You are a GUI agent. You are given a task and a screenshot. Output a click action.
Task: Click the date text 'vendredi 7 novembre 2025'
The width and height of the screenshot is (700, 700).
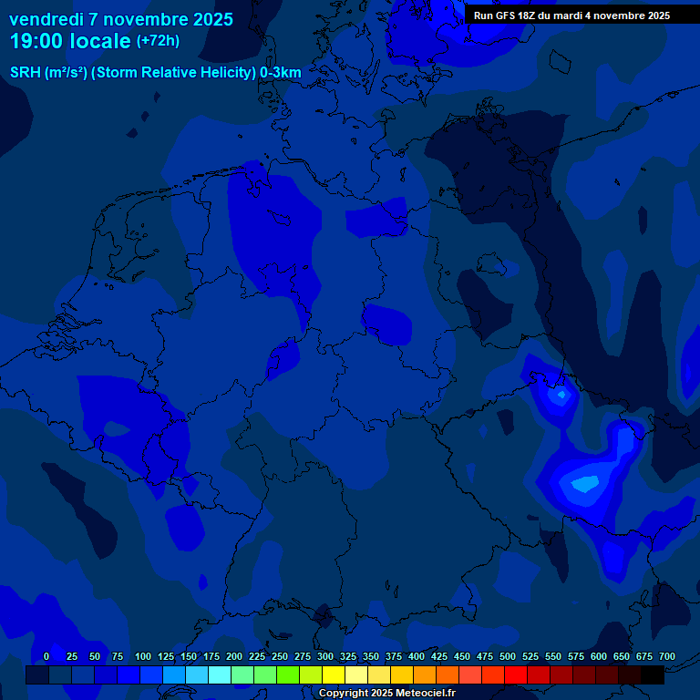(120, 19)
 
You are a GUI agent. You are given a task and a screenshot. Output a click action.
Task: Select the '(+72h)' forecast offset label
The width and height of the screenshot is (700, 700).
(158, 41)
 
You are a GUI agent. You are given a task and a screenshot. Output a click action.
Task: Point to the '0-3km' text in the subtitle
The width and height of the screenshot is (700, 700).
(281, 72)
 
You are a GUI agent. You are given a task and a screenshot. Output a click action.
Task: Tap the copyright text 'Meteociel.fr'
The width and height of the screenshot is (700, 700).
(423, 694)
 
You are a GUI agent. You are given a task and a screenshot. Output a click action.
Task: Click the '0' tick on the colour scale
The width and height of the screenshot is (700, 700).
(46, 656)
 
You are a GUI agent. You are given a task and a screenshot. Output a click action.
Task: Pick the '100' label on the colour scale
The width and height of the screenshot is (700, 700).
(143, 656)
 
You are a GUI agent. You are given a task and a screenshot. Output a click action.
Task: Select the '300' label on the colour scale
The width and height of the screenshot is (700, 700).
(325, 656)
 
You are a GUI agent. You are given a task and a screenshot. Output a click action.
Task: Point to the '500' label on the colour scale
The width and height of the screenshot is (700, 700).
(508, 656)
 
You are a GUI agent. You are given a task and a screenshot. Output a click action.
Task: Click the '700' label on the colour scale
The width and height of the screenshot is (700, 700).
(667, 656)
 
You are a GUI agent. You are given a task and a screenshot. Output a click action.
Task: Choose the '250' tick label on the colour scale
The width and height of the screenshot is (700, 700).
(280, 656)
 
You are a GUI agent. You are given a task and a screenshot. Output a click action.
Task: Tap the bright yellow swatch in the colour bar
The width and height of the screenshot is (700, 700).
(334, 674)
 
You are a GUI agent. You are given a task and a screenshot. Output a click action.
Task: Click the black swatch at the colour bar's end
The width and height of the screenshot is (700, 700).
(653, 674)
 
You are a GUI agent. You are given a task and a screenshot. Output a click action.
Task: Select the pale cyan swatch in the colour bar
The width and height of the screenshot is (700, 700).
(220, 674)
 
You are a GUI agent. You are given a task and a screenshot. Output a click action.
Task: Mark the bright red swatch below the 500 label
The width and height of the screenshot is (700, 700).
(516, 674)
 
